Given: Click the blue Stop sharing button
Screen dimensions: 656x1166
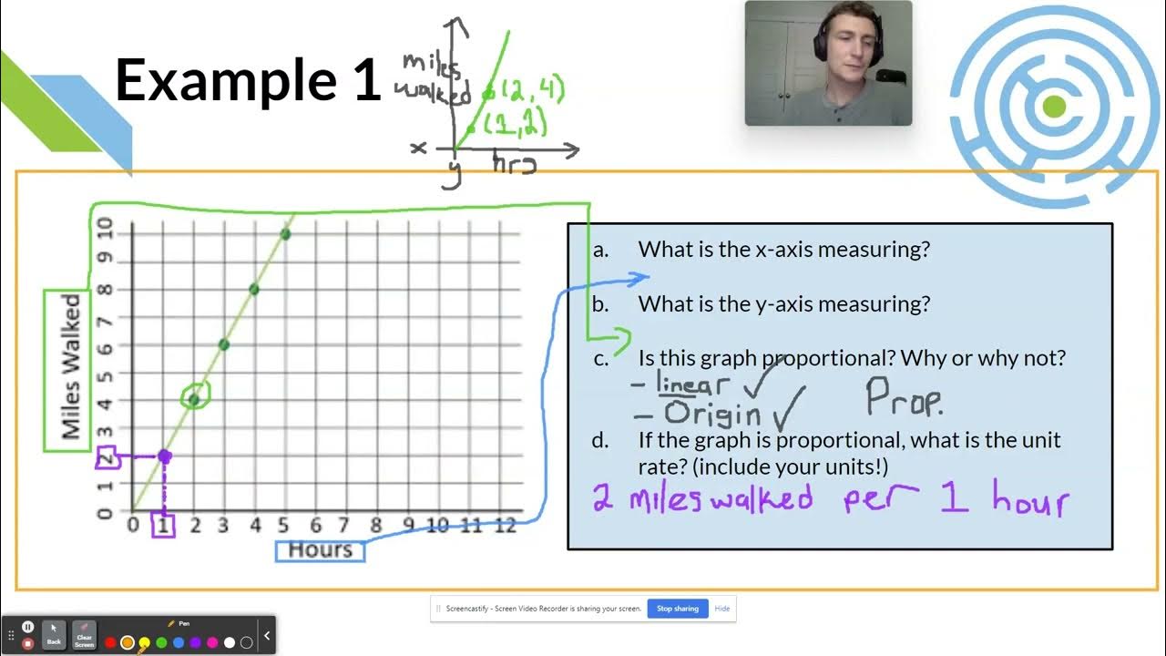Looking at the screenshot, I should (678, 609).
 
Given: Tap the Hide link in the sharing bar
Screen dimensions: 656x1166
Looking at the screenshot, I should (721, 609).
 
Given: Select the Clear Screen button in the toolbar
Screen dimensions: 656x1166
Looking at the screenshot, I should (84, 634).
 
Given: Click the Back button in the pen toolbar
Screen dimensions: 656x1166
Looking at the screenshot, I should (54, 634).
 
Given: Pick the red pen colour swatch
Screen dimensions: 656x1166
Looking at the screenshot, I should (110, 642).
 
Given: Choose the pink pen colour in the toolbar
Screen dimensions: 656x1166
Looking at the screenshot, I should (212, 642).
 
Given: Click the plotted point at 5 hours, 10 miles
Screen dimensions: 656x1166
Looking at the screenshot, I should (285, 234).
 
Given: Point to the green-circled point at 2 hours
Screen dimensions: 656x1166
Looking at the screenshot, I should (194, 398).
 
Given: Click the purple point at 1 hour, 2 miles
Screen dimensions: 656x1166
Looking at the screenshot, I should (164, 456).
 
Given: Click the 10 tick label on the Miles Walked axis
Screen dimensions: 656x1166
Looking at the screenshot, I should (106, 228).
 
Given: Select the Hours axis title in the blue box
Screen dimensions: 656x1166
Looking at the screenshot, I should (320, 550).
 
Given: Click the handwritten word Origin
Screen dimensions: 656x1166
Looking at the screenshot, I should (712, 415).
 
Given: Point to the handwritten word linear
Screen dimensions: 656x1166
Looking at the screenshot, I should (692, 384).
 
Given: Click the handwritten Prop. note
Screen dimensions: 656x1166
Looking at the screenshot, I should (903, 397).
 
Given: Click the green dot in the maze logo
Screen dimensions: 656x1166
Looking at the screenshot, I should (1054, 107).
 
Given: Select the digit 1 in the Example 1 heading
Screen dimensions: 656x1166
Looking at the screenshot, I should (364, 79).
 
